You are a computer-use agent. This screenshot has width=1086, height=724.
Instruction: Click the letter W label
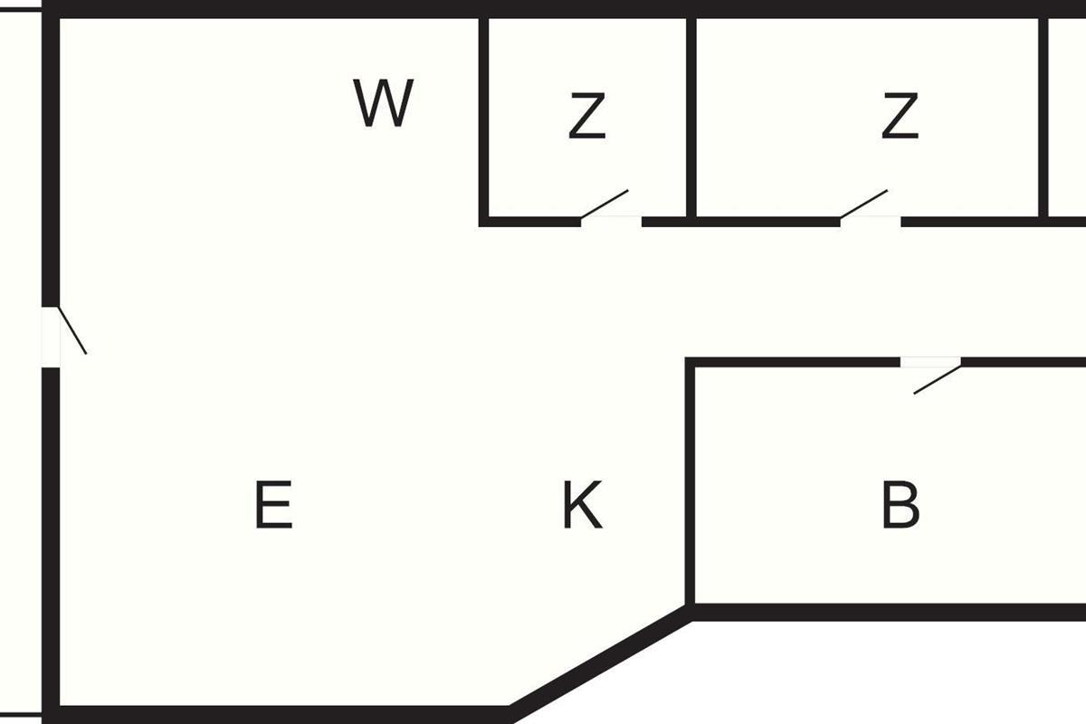[x=383, y=103]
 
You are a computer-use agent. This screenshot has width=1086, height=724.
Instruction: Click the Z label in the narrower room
[x=586, y=118]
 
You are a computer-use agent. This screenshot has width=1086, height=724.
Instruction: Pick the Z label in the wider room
[x=900, y=118]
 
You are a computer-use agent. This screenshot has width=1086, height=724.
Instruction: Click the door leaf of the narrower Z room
[x=605, y=204]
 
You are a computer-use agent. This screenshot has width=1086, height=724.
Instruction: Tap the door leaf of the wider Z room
[x=864, y=204]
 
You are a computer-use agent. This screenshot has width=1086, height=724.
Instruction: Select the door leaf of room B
[x=937, y=378]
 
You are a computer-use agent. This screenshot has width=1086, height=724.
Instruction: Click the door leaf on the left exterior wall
[x=72, y=330]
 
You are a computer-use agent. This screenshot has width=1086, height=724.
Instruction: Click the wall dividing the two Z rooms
[x=691, y=118]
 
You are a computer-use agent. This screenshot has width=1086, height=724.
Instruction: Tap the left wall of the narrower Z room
[x=484, y=118]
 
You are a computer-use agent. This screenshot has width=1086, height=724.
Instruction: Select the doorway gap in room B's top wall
[x=930, y=362]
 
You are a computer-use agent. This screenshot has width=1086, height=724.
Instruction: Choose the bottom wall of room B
[x=887, y=613]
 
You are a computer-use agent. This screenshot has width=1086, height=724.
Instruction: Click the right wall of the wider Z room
[x=1043, y=118]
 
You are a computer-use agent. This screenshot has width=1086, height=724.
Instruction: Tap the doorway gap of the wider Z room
[x=871, y=220]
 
